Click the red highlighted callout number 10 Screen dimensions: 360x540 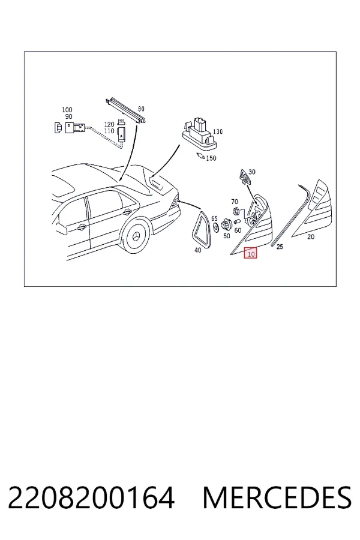point(251,253)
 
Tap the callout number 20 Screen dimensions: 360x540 point(311,236)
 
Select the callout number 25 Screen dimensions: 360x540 point(280,247)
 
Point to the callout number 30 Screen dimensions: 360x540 point(252,172)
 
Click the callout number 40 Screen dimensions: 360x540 point(198,250)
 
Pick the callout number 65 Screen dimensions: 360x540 point(215,218)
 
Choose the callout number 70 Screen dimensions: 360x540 point(235,202)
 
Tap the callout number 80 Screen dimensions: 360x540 point(141,109)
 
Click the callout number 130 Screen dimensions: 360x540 point(218,131)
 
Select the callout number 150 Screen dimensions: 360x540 point(211,158)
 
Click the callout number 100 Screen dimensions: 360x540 point(67,110)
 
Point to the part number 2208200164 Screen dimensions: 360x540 point(91,498)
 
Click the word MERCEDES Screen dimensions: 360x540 point(277,498)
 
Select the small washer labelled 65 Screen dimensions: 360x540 point(215,226)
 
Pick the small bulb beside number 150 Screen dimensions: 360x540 point(199,155)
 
